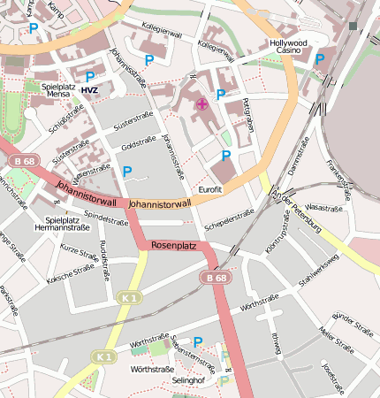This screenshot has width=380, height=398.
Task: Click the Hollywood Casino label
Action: click(x=288, y=47)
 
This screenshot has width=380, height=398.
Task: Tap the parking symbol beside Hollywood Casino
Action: click(x=320, y=59)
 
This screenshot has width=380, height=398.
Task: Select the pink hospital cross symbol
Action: click(x=201, y=104)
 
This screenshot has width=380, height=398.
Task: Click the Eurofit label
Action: click(x=210, y=189)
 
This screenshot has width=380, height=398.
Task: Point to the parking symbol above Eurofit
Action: click(x=225, y=156)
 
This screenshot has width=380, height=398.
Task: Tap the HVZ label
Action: click(x=89, y=90)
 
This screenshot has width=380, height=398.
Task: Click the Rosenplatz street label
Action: click(x=173, y=245)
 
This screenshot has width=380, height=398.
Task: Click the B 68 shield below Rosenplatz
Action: click(x=217, y=278)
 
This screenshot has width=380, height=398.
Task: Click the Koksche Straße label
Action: click(x=71, y=271)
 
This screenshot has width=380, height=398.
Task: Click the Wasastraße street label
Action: click(x=323, y=208)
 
